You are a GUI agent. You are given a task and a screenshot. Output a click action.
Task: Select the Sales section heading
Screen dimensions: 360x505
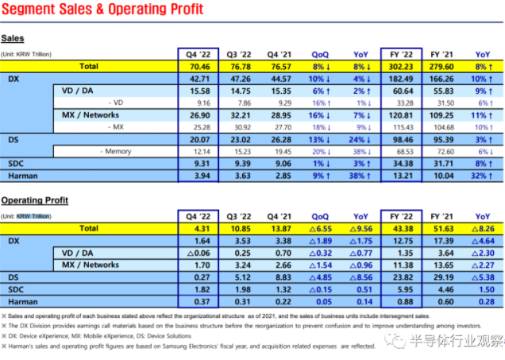[x=13, y=38]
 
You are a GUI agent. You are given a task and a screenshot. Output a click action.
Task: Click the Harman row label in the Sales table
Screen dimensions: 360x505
[x=24, y=175]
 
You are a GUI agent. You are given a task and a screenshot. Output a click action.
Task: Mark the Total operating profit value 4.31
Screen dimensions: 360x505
[x=200, y=229]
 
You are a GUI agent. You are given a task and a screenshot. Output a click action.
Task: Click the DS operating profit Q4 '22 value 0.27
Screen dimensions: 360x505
[x=200, y=277]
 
